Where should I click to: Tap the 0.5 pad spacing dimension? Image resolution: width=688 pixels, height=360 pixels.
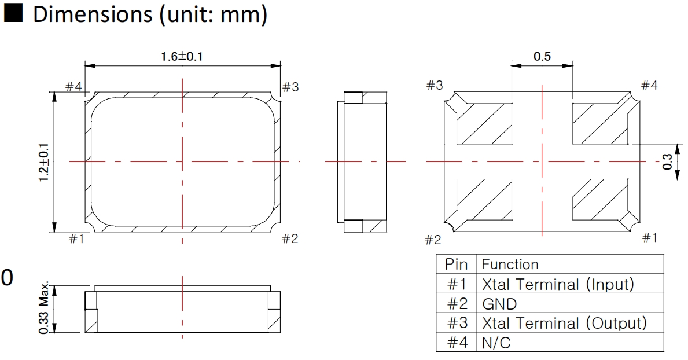coord(542,56)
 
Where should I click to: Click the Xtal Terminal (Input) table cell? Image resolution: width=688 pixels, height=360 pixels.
coord(558,284)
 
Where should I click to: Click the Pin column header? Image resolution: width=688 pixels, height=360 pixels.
coord(455,265)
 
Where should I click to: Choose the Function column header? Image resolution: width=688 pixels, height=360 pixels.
coord(509,265)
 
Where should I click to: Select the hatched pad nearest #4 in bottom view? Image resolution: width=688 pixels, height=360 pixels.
coord(600,124)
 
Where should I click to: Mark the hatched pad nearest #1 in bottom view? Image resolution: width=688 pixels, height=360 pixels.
coord(600,200)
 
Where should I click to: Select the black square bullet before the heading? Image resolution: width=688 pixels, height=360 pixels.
coord(14,16)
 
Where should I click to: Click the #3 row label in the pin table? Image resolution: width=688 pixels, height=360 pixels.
coord(455,323)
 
